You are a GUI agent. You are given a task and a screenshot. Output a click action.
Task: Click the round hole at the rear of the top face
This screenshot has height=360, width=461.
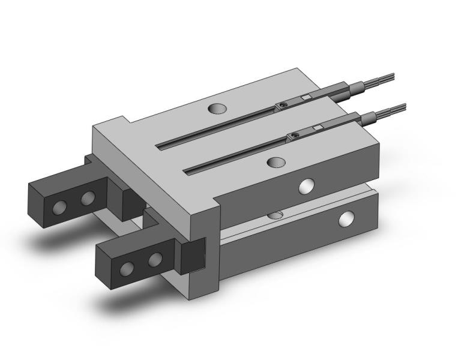coord(217,109)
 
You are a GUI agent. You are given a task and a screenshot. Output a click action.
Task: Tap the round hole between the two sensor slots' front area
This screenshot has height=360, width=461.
coord(276,162)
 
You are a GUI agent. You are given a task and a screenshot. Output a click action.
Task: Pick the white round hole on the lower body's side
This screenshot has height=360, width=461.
coord(346,219)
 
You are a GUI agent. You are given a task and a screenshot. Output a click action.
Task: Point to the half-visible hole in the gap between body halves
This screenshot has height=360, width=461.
coord(276,214)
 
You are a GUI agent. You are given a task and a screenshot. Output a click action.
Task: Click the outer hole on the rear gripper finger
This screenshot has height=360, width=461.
coord(59,208)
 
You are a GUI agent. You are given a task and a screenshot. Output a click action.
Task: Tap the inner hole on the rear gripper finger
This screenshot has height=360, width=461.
coord(88,199)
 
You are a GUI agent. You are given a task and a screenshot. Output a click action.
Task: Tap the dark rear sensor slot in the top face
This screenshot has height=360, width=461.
coord(216,127)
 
